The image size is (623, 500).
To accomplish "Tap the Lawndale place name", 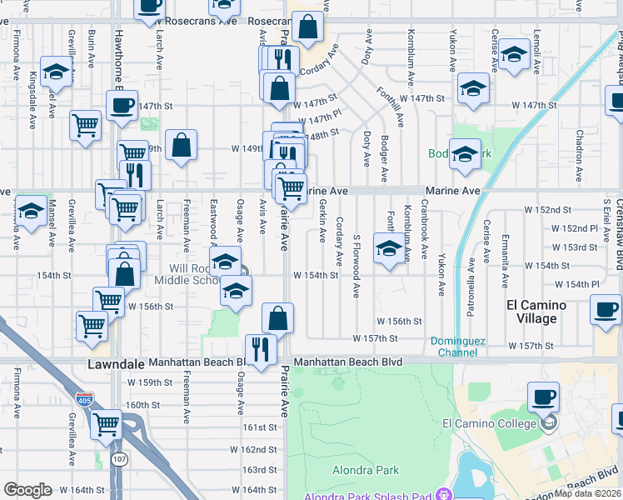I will click(x=116, y=364).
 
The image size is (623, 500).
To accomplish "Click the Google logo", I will click(x=27, y=490).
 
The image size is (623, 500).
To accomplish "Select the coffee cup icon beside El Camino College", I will click(x=544, y=397).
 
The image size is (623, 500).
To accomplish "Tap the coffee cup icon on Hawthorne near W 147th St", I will click(x=122, y=106).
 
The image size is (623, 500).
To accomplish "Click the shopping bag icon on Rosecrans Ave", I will click(x=307, y=27).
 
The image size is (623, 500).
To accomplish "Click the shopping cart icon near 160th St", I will click(x=107, y=425).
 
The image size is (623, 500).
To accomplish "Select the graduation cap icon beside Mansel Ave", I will click(x=31, y=212).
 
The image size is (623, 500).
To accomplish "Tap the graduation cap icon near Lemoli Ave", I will click(x=514, y=56).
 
